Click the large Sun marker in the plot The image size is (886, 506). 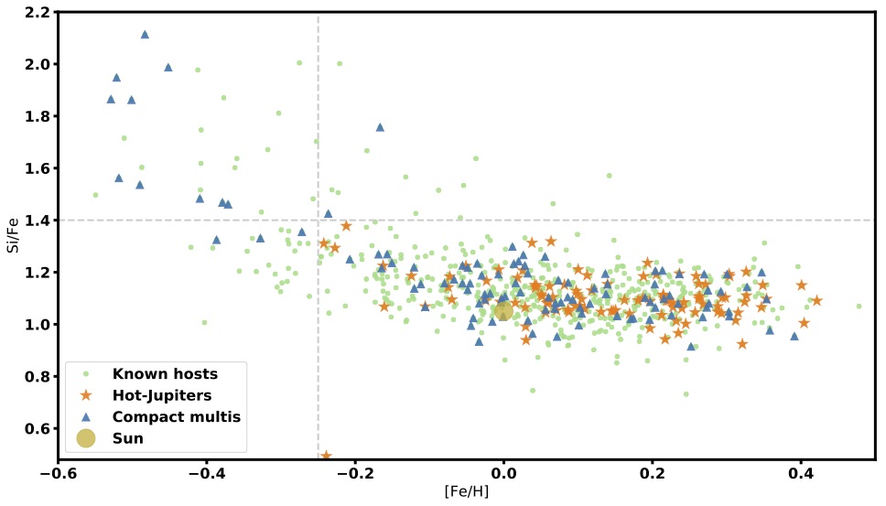[503, 311]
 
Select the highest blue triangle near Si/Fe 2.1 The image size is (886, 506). [145, 34]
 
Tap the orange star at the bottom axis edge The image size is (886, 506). [326, 456]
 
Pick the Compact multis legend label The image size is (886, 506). [176, 416]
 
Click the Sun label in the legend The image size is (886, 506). [127, 438]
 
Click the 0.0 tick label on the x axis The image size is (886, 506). [502, 476]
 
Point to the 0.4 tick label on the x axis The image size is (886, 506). [801, 476]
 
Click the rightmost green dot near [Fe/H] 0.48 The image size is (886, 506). [859, 307]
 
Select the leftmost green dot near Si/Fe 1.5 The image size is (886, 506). [95, 195]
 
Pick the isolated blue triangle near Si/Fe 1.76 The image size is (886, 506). [380, 127]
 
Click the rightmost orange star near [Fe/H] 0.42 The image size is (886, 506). [816, 300]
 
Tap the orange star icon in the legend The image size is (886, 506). [85, 394]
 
